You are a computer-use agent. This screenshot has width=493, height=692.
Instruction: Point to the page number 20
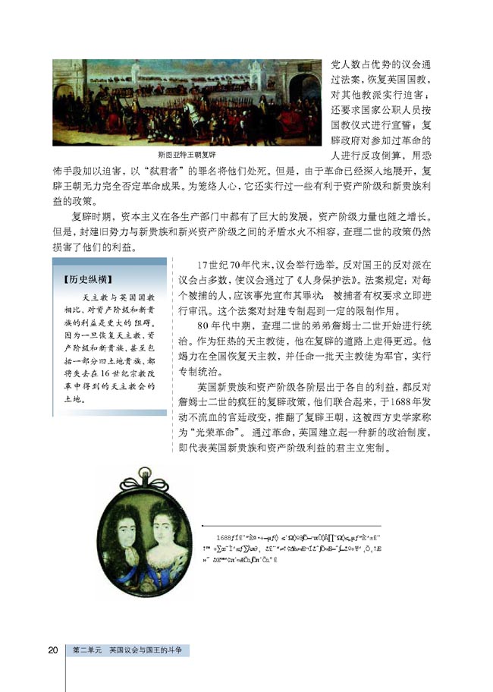coord(53,650)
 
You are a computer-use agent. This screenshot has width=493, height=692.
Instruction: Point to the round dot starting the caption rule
coord(203,525)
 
